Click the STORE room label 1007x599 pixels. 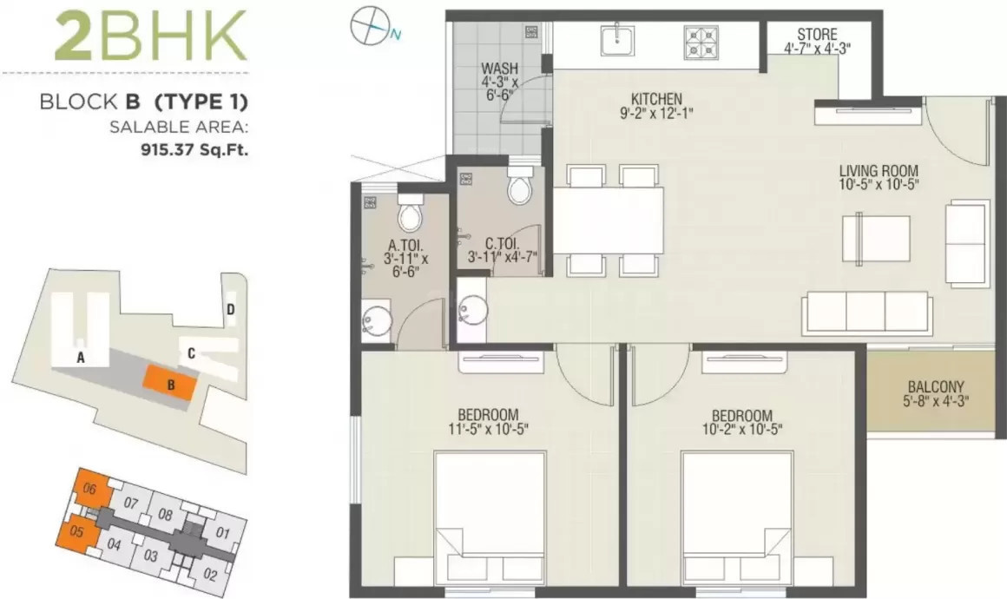pyautogui.click(x=816, y=36)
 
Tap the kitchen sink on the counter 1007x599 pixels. pyautogui.click(x=616, y=37)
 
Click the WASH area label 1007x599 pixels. pyautogui.click(x=499, y=68)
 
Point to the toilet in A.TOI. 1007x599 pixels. pyautogui.click(x=409, y=212)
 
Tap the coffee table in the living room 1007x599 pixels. pyautogui.click(x=876, y=237)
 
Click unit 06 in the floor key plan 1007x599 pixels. pyautogui.click(x=89, y=489)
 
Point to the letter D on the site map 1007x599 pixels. pyautogui.click(x=230, y=308)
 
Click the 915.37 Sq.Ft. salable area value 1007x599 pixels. pyautogui.click(x=194, y=148)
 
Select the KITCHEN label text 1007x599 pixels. pyautogui.click(x=656, y=98)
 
